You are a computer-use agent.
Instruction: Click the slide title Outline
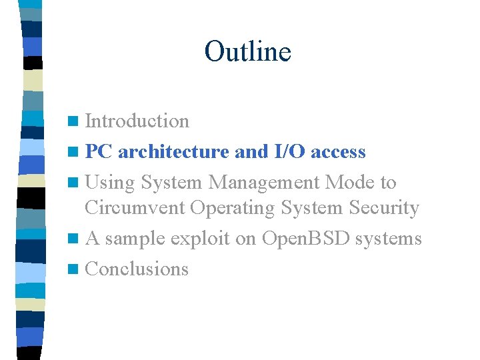(247, 51)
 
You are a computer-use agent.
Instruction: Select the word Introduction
(137, 121)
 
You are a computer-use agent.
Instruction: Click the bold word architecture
(174, 152)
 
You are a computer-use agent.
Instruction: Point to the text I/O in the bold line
(289, 152)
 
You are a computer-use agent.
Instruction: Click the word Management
(257, 182)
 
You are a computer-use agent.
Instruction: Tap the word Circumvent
(135, 208)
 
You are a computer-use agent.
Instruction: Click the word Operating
(232, 208)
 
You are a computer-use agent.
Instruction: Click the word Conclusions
(137, 269)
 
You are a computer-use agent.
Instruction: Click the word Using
(109, 183)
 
